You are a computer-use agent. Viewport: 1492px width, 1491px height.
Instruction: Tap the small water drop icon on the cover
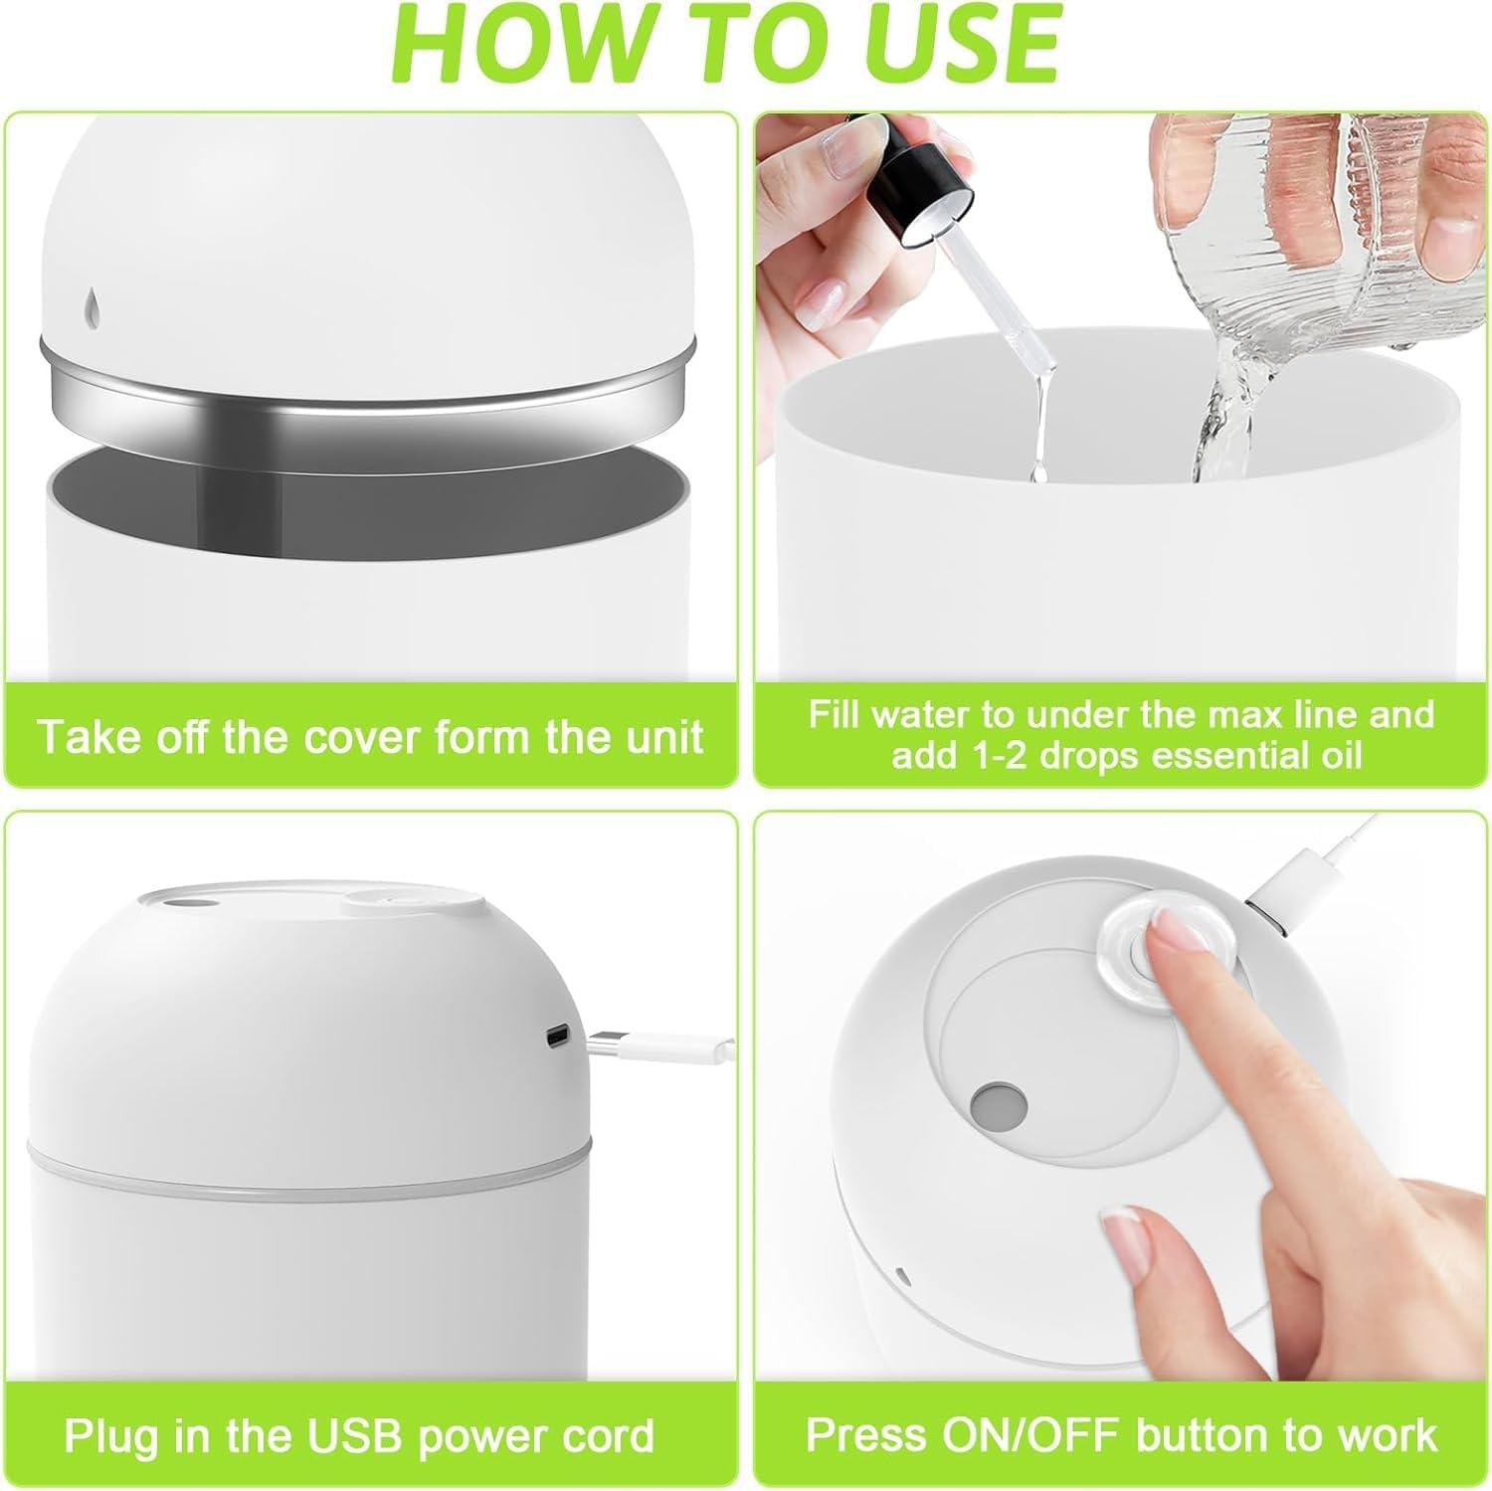point(92,309)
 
